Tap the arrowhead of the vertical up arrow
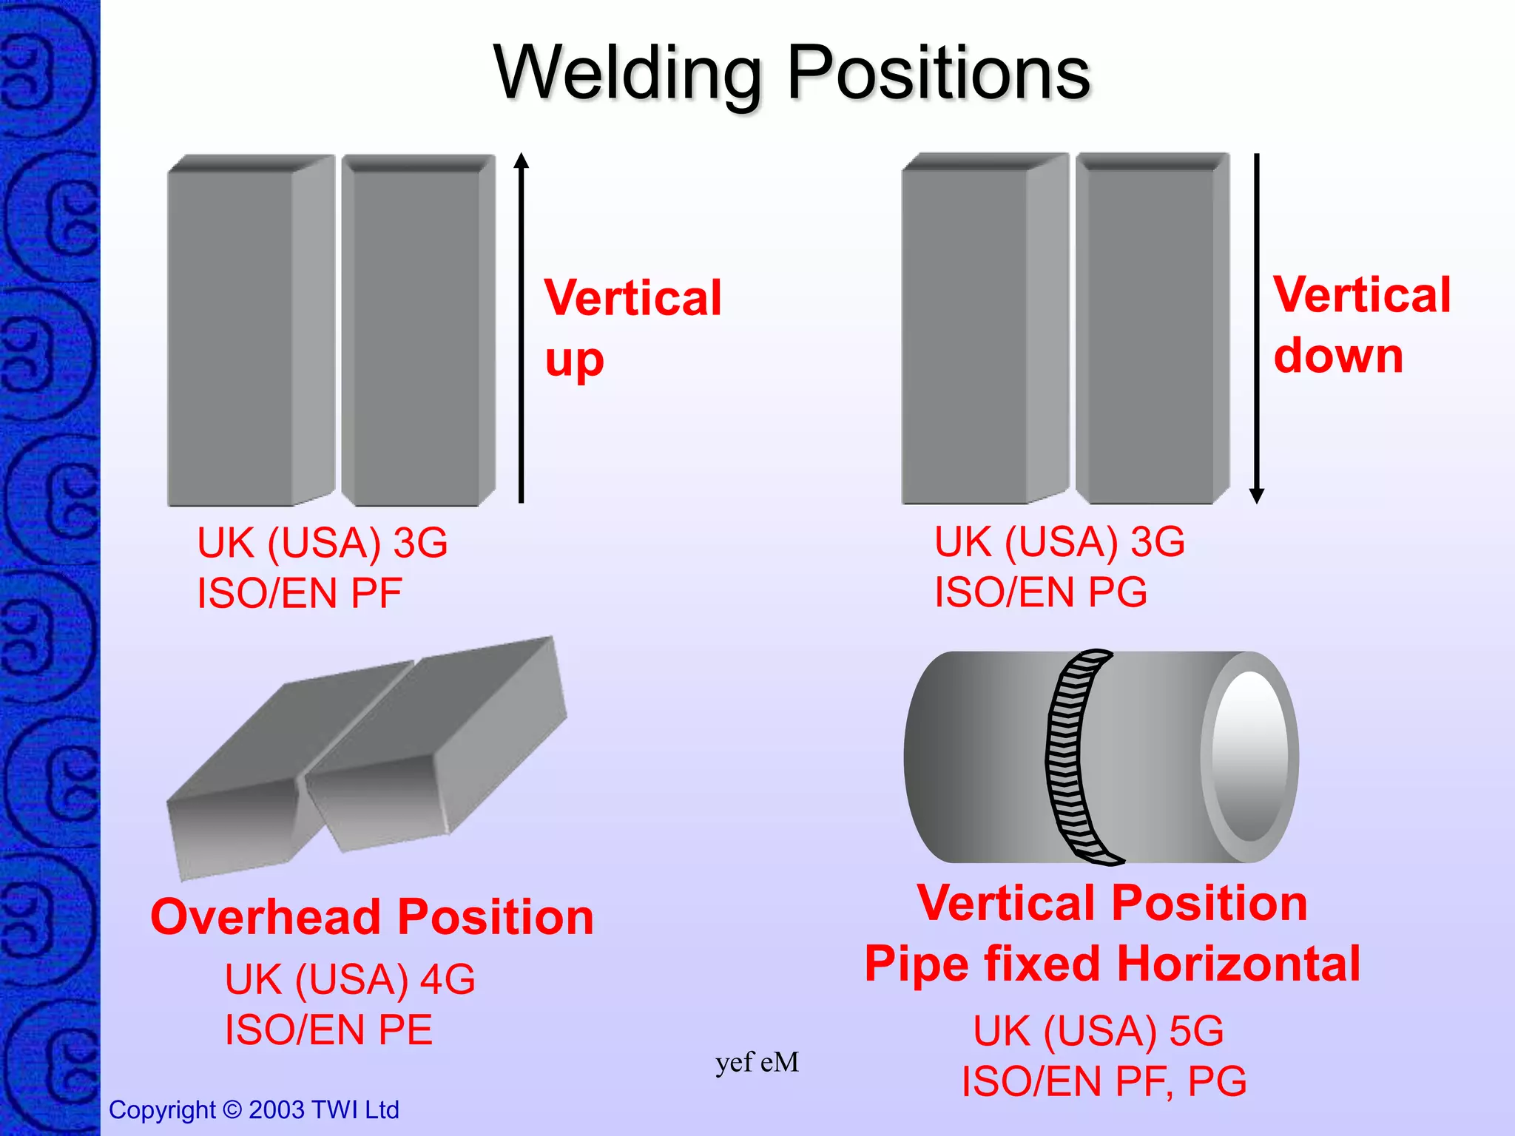coord(522,160)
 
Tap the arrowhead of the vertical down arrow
coord(1256,496)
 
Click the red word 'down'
coord(1338,356)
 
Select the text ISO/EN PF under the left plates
coord(300,593)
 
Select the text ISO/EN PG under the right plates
coord(1041,592)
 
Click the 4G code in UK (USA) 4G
coord(448,979)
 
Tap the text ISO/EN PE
coord(328,1029)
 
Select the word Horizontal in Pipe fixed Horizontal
coord(1238,964)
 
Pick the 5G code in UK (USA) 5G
coord(1196,1031)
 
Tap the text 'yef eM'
coord(757,1063)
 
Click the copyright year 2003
coord(277,1110)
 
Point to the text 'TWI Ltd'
coord(356,1110)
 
